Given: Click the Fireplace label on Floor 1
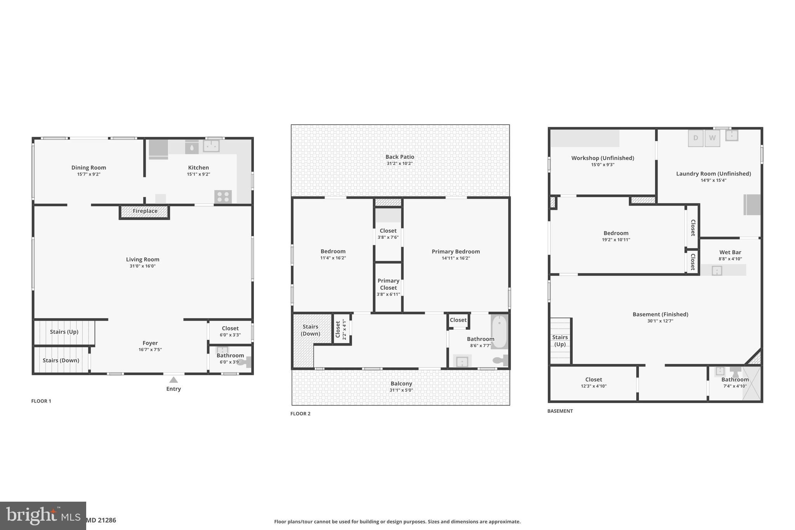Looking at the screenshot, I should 145,211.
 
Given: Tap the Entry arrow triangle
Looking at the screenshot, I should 174,380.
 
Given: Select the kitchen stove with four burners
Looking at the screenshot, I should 223,197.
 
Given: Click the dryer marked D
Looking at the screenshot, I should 696,138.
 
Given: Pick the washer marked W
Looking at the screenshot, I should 712,138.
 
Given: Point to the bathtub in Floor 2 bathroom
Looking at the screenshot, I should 499,332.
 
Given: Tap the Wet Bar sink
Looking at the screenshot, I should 717,271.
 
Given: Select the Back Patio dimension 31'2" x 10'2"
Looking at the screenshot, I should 399,163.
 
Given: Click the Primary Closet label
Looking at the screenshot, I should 388,284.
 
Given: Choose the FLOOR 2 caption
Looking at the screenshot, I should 300,414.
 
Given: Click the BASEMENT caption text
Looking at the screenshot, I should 560,411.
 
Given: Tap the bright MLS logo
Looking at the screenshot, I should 43,516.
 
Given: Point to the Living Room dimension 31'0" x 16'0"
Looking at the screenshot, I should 142,266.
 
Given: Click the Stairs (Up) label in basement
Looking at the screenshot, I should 560,341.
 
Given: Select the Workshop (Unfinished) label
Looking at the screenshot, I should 602,158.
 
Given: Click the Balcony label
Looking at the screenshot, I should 401,384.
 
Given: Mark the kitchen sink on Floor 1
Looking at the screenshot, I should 211,146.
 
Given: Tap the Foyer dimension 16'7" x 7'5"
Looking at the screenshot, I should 150,349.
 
